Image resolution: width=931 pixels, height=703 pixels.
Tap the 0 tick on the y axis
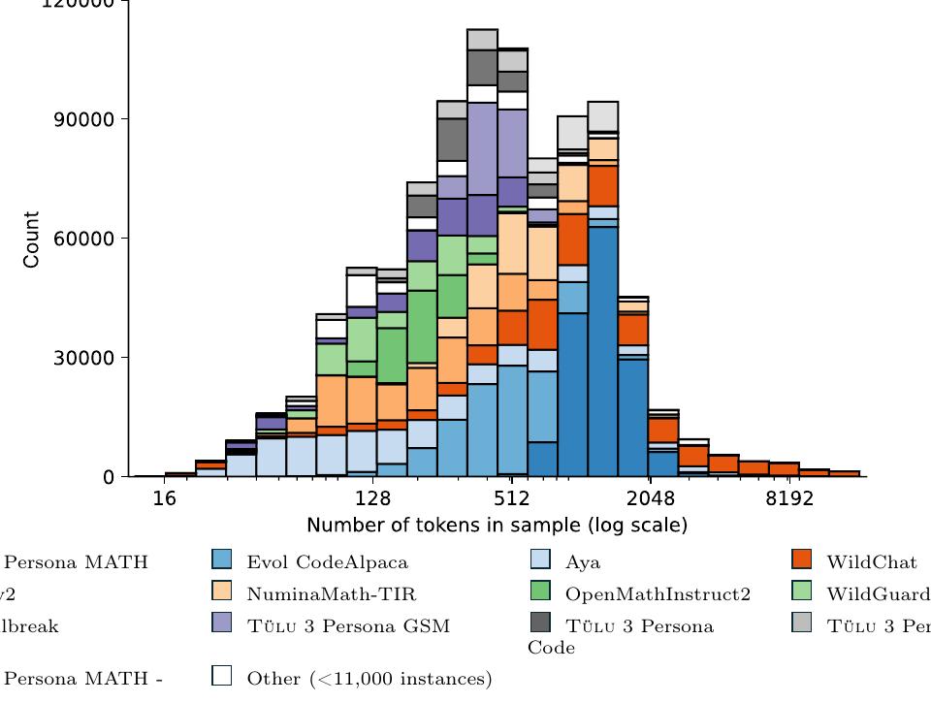(109, 477)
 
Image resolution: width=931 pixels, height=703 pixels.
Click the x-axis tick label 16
(165, 499)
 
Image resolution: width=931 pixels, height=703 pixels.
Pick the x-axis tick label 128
(373, 499)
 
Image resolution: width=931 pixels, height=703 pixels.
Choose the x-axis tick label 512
(511, 499)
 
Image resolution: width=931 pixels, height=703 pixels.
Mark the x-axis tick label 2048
(650, 499)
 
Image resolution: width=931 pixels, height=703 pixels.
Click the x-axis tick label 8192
(788, 499)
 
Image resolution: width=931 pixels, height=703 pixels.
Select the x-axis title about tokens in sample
(497, 526)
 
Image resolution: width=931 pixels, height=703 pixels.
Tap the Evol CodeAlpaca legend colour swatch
(222, 559)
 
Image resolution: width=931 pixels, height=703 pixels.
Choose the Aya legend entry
(583, 561)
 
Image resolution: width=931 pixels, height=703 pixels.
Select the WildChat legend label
(871, 561)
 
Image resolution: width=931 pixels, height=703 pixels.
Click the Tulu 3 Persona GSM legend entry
(348, 625)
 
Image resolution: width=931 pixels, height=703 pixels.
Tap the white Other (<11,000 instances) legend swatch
(222, 676)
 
